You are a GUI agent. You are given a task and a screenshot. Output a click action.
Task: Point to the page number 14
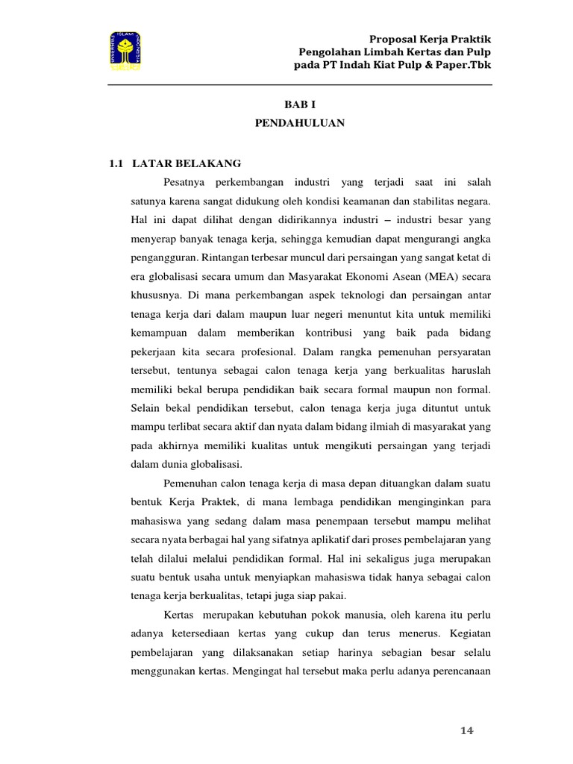(467, 730)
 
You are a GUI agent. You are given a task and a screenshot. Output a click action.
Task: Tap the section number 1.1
(115, 163)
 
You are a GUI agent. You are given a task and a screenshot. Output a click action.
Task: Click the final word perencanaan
(458, 669)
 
